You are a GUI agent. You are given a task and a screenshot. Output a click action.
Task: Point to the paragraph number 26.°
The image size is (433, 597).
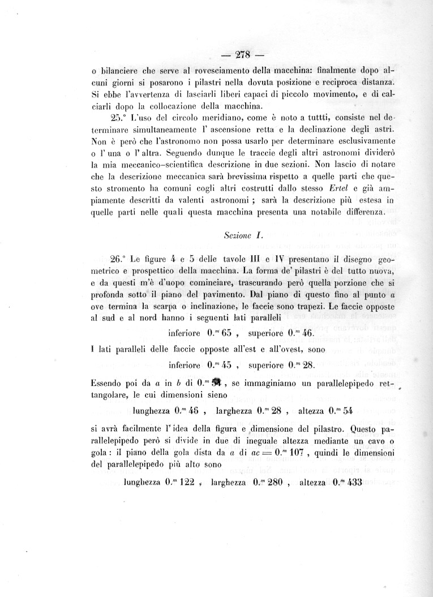tap(120, 259)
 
